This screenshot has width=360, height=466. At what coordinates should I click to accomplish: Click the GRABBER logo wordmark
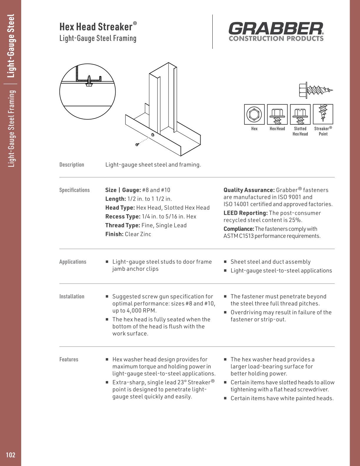pyautogui.click(x=276, y=29)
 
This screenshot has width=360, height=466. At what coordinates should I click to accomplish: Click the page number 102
pyautogui.click(x=11, y=455)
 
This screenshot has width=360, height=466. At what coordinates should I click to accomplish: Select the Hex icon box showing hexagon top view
pyautogui.click(x=254, y=114)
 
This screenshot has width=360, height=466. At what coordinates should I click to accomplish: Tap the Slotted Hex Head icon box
pyautogui.click(x=300, y=114)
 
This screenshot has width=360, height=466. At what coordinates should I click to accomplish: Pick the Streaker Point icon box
pyautogui.click(x=323, y=114)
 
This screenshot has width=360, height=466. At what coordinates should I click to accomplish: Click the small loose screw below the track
pyautogui.click(x=137, y=144)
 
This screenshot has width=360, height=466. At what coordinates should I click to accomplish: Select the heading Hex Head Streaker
pyautogui.click(x=96, y=27)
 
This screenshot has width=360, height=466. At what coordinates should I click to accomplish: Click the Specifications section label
pyautogui.click(x=74, y=190)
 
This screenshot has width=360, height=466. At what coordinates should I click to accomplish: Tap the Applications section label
pyautogui.click(x=73, y=262)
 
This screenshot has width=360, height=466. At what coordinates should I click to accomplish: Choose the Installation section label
pyautogui.click(x=72, y=297)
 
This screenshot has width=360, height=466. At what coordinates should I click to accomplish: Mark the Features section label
pyautogui.click(x=69, y=360)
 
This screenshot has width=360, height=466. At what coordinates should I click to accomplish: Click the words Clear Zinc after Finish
pyautogui.click(x=138, y=234)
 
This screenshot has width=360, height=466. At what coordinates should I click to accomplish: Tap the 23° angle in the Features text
pyautogui.click(x=181, y=382)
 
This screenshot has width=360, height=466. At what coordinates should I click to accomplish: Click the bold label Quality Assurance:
pyautogui.click(x=249, y=190)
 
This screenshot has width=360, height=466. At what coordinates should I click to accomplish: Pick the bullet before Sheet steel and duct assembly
pyautogui.click(x=225, y=262)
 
